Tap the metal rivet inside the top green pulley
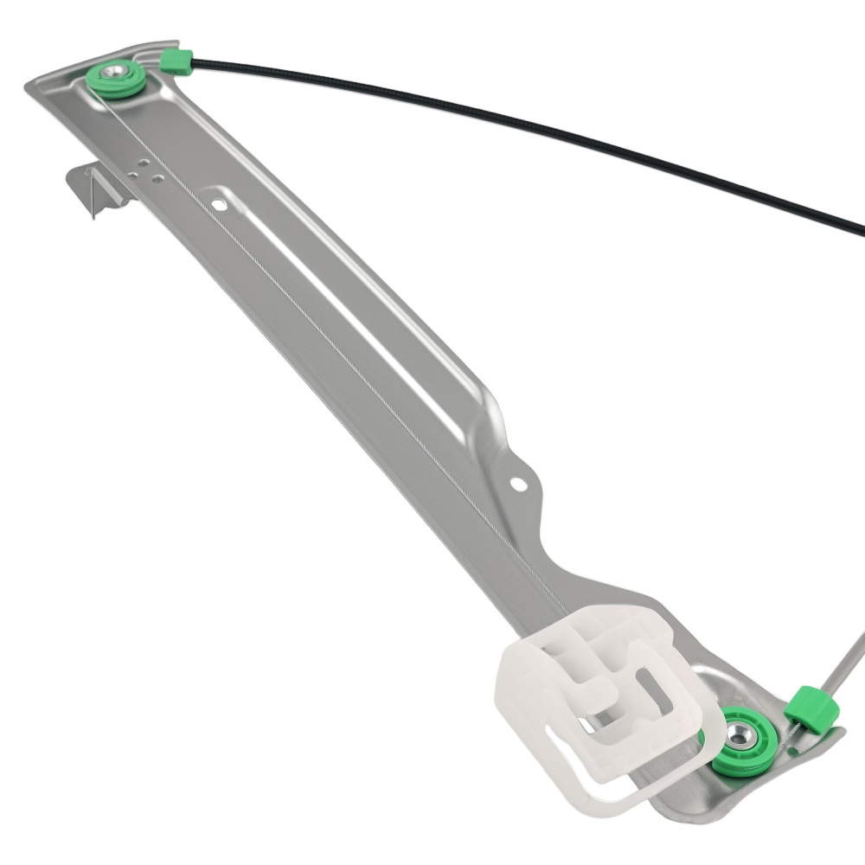coord(113,74)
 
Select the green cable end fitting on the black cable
coord(176,60)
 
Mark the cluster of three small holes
coord(144,172)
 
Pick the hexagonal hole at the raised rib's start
coord(219,205)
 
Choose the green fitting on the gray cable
coord(813,709)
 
